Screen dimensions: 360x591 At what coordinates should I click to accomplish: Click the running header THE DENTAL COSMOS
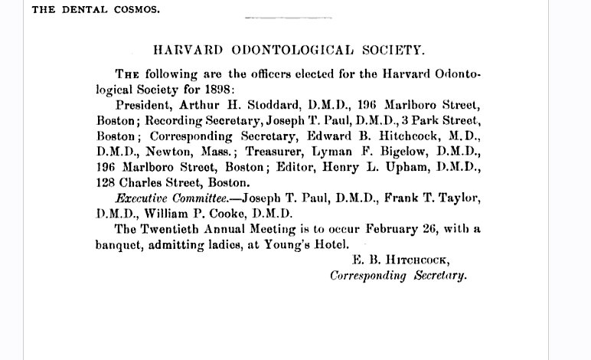(x=86, y=10)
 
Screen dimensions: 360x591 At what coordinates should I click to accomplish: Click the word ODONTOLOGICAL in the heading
(x=281, y=51)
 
